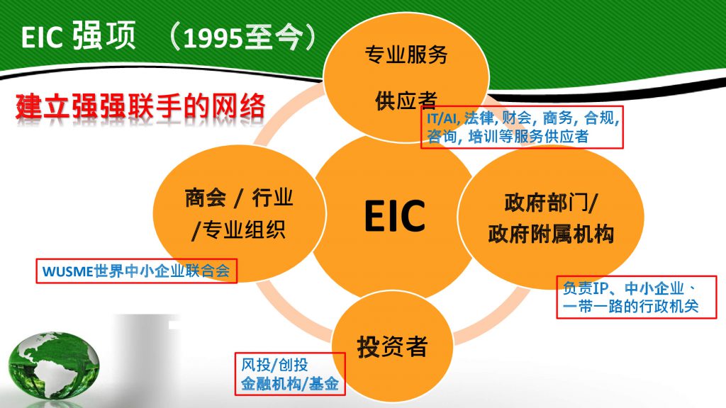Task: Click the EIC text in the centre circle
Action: [394, 215]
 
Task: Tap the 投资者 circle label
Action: [391, 346]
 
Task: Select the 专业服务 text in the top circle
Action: [406, 55]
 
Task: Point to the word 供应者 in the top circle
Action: [406, 101]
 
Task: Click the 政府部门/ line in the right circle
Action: [551, 203]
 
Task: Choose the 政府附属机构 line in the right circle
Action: [551, 234]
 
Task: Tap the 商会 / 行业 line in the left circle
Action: [239, 198]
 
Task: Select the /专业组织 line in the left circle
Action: [239, 229]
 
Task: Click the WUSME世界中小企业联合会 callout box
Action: [137, 271]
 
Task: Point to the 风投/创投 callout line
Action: [274, 365]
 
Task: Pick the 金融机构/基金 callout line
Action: [290, 383]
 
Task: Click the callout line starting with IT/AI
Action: [523, 118]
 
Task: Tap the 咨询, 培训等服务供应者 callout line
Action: [508, 137]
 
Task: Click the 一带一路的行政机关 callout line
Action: [630, 306]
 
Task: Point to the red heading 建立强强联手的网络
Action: [141, 106]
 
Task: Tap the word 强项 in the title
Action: [104, 35]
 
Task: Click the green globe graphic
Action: [54, 365]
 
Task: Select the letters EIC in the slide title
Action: [42, 37]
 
